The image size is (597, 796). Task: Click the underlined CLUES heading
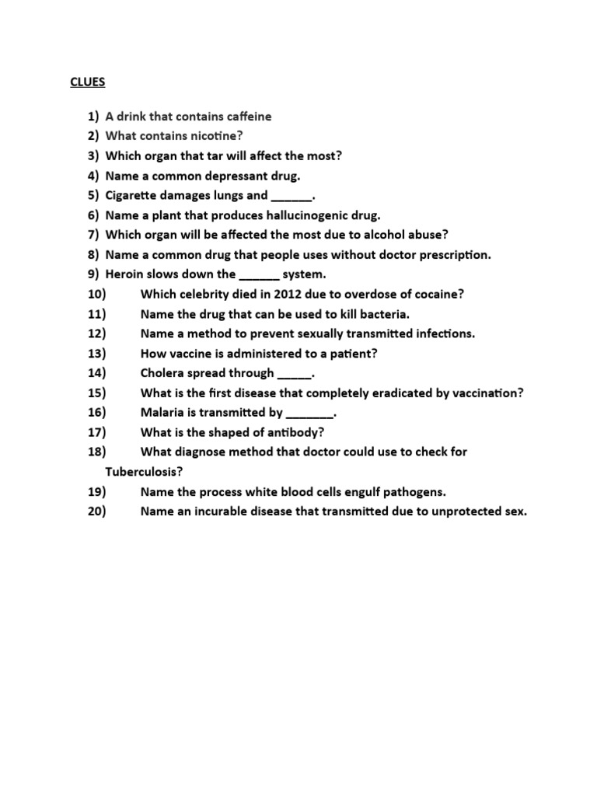coord(87,81)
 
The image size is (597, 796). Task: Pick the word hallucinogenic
coord(295,215)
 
